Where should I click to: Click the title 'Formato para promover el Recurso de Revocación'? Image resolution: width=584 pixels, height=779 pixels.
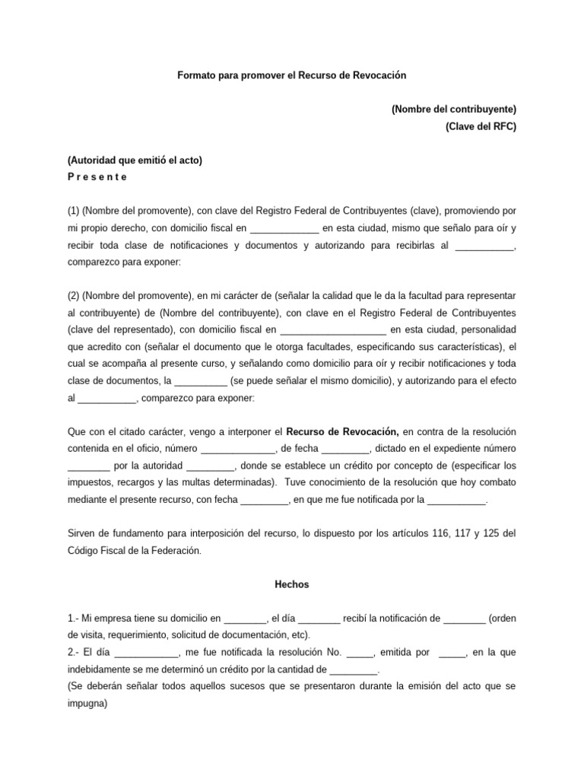click(x=293, y=76)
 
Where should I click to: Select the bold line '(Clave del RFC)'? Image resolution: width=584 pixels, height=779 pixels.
click(x=481, y=127)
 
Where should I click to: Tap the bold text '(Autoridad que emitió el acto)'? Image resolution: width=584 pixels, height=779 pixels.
click(x=135, y=161)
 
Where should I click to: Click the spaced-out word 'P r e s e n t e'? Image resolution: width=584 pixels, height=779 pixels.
click(x=97, y=177)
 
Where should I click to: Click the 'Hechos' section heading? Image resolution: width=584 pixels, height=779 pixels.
click(x=292, y=585)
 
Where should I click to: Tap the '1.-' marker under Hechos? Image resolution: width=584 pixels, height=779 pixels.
click(x=75, y=618)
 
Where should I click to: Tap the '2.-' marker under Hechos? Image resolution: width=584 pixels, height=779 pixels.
click(x=75, y=653)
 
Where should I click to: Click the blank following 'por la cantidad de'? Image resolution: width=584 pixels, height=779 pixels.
click(x=354, y=670)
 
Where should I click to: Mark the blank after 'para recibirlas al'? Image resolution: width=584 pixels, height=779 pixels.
click(x=484, y=244)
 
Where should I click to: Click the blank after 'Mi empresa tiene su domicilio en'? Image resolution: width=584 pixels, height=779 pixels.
click(x=246, y=618)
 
